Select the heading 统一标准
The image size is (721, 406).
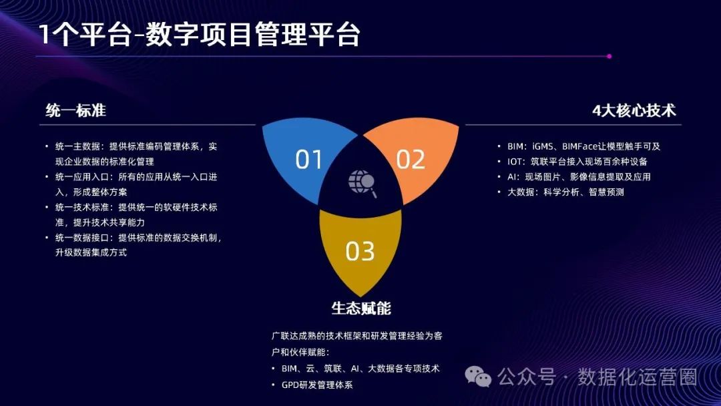pyautogui.click(x=76, y=111)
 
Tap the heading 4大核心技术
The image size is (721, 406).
pyautogui.click(x=634, y=111)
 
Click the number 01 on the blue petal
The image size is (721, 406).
pyautogui.click(x=309, y=160)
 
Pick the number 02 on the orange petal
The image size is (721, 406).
pyautogui.click(x=411, y=160)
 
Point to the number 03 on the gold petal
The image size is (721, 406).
pyautogui.click(x=360, y=251)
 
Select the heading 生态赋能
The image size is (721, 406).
pyautogui.click(x=361, y=308)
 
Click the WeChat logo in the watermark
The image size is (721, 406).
pyautogui.click(x=479, y=377)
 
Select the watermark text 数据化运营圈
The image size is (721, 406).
pyautogui.click(x=638, y=377)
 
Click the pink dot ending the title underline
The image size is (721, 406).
pyautogui.click(x=610, y=57)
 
